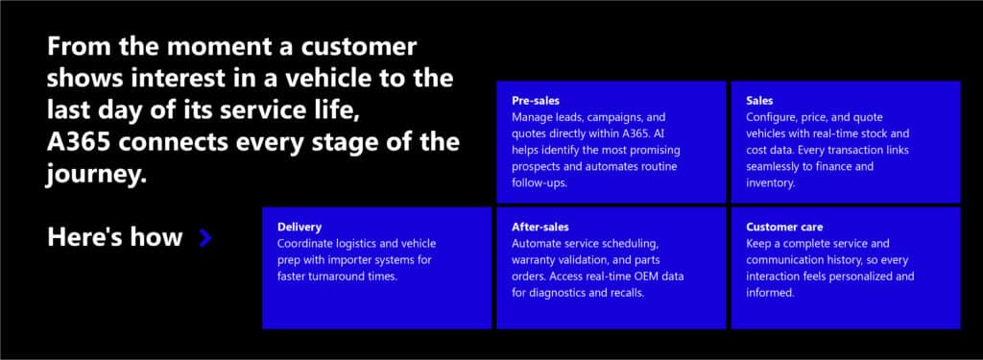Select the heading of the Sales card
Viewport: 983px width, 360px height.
click(759, 100)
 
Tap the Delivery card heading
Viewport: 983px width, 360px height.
click(300, 228)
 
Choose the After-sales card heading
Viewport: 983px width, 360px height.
click(540, 228)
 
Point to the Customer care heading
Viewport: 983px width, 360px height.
click(784, 228)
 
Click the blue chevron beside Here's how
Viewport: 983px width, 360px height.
click(204, 238)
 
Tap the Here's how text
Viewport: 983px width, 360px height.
click(114, 237)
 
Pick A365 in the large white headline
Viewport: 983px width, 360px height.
click(85, 143)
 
